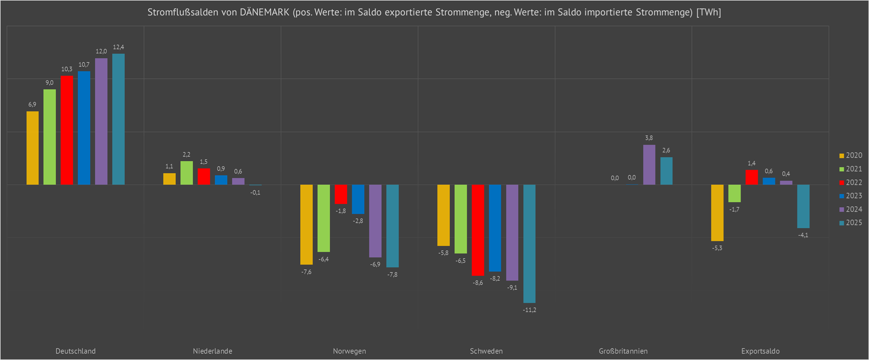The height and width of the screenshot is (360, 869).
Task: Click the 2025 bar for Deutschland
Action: coord(118,119)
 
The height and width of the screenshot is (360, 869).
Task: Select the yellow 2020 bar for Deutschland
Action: coord(33,148)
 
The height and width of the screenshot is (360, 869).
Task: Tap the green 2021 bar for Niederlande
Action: coord(187,173)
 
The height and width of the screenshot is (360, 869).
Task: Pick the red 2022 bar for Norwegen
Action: coord(341,194)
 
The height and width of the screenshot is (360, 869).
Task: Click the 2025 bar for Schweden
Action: coord(529,243)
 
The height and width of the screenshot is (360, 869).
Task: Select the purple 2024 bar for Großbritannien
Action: coord(649,165)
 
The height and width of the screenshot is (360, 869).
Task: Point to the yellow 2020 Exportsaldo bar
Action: coord(717,212)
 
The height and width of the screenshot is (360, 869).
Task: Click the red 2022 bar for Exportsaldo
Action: coord(752,177)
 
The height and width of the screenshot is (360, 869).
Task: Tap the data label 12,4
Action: coord(118,47)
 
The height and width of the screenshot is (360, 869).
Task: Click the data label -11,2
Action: coord(529,310)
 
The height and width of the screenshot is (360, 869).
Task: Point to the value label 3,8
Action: coord(649,138)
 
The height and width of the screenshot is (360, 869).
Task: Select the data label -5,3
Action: coord(717,248)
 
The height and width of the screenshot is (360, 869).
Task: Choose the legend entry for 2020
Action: coord(850,156)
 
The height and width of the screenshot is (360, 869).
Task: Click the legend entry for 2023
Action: coord(850,196)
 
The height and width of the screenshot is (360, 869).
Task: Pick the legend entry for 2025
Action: coord(850,223)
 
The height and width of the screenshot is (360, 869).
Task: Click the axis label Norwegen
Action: coord(349,351)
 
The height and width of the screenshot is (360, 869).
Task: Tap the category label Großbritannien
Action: coord(623,351)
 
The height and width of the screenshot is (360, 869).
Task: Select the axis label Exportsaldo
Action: coord(760,351)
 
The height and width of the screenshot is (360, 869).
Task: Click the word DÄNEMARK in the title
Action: coord(264,12)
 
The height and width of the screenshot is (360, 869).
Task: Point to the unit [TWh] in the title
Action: coord(709,12)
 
